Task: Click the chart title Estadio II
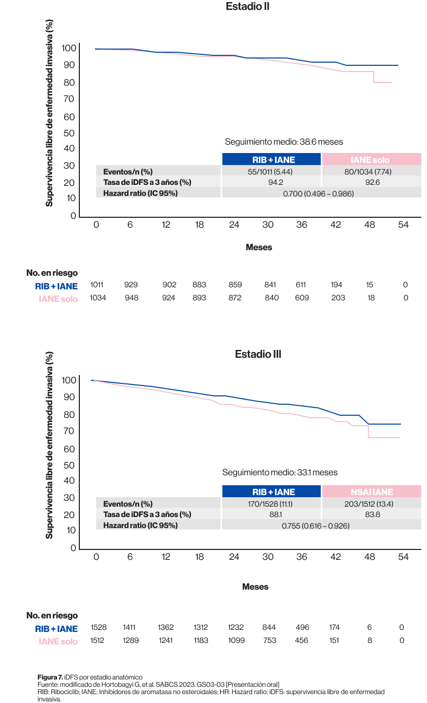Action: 247,7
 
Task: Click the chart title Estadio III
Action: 258,354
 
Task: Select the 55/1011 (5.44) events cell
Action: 271,171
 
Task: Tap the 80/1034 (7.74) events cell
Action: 371,171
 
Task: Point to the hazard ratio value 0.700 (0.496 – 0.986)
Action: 318,194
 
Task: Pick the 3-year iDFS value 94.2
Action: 271,183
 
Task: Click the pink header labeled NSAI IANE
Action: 371,491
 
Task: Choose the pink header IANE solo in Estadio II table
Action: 371,159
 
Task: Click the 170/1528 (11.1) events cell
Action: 271,504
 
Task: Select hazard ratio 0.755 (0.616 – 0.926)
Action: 315,525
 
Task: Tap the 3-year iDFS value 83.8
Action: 371,514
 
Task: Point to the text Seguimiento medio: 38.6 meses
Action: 283,142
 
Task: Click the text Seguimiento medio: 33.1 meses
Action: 280,472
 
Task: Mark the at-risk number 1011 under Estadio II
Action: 97,285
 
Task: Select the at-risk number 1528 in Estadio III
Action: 98,627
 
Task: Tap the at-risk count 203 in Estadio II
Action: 338,298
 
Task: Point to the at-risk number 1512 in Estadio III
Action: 98,640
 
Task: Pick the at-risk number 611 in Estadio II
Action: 302,285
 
